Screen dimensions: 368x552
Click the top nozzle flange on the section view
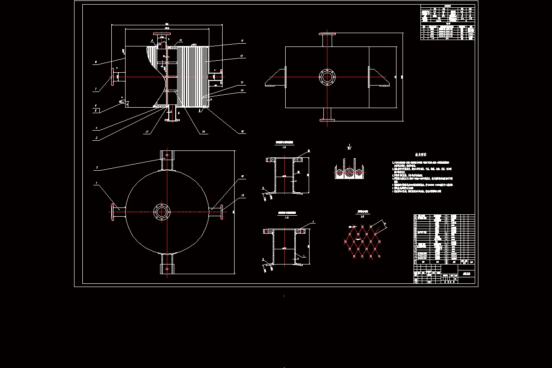(x=161, y=35)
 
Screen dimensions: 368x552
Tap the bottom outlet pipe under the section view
(x=172, y=115)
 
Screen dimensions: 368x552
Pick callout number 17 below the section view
(x=147, y=132)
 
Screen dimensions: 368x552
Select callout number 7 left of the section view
(x=95, y=89)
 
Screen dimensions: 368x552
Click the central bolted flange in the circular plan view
(x=161, y=212)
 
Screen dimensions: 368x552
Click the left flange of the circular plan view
(x=113, y=212)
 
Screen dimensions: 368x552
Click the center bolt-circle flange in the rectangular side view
(x=327, y=76)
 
